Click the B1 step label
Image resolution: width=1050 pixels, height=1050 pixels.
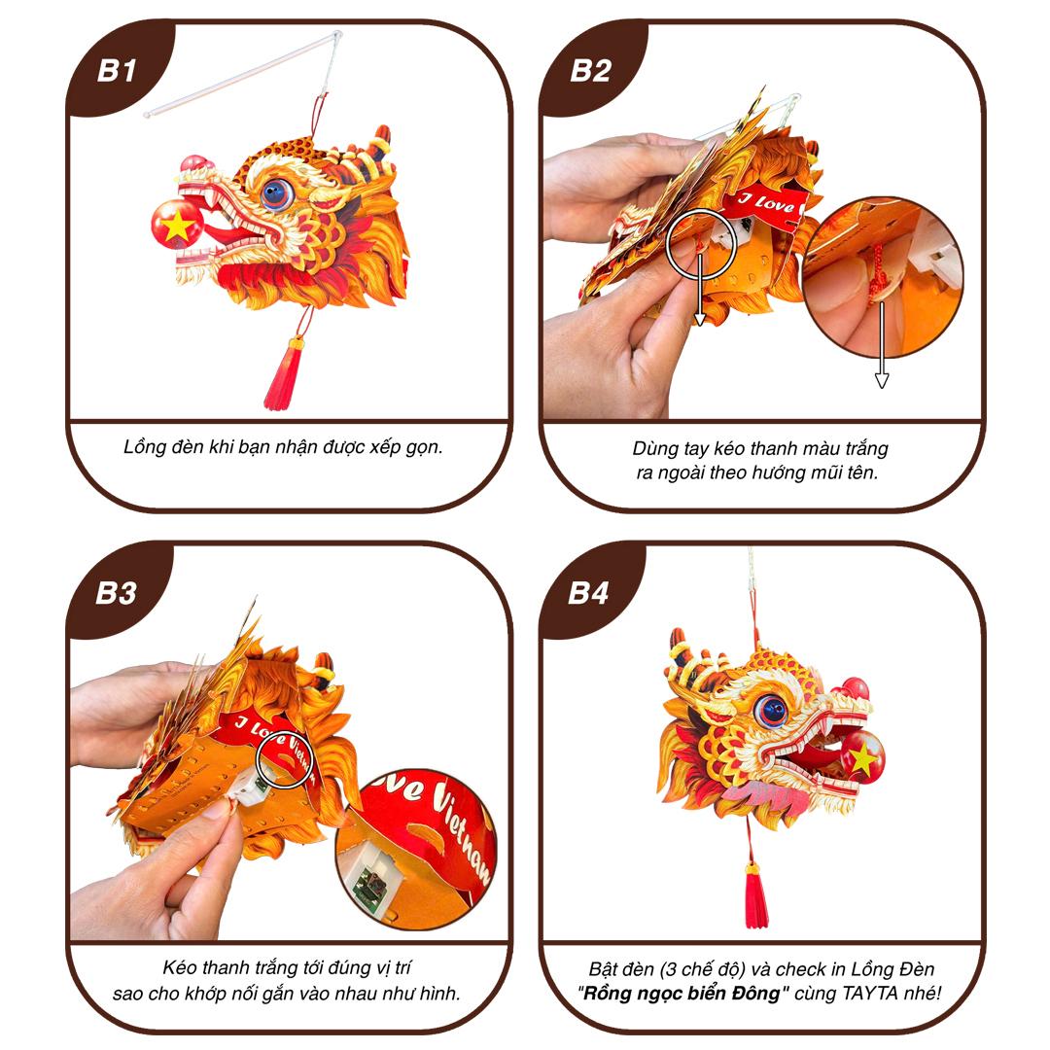pyautogui.click(x=118, y=71)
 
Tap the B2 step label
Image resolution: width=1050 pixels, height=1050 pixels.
pyautogui.click(x=590, y=71)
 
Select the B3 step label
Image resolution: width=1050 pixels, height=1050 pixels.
pyautogui.click(x=117, y=593)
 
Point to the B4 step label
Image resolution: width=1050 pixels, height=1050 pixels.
pyautogui.click(x=588, y=593)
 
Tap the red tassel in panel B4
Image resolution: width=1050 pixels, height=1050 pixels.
pyautogui.click(x=756, y=896)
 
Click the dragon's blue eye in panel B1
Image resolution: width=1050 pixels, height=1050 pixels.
pyautogui.click(x=276, y=193)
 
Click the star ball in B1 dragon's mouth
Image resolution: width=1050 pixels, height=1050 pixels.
pyautogui.click(x=178, y=225)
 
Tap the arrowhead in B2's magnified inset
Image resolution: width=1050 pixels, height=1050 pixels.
pyautogui.click(x=881, y=380)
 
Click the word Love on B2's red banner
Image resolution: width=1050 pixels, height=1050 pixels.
pyautogui.click(x=776, y=203)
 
